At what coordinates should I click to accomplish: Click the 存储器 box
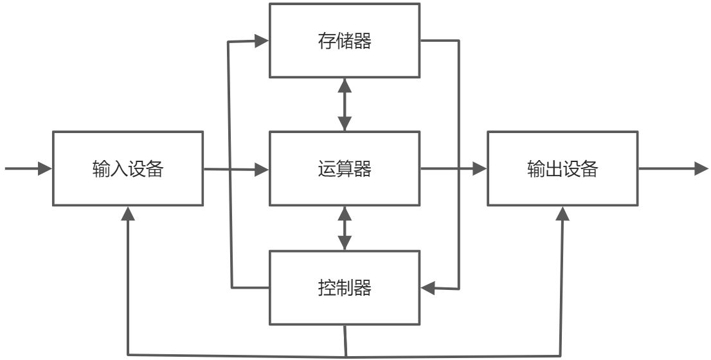(344, 40)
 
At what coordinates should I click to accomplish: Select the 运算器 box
(344, 168)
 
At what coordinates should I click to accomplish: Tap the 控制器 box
(344, 287)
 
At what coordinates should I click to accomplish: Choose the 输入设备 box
(128, 168)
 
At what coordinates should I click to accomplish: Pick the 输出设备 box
(563, 168)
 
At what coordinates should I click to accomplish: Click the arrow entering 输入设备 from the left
(29, 169)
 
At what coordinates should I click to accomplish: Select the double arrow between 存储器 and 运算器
(345, 105)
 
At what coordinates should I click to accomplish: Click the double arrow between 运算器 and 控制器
(345, 228)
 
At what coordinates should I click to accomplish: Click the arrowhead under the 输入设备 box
(129, 213)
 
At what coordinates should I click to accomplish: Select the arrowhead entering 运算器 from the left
(261, 170)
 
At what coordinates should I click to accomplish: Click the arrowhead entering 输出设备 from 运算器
(479, 169)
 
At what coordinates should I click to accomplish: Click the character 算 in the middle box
(344, 169)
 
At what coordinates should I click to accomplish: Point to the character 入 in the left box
(119, 169)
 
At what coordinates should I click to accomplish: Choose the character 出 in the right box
(554, 169)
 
